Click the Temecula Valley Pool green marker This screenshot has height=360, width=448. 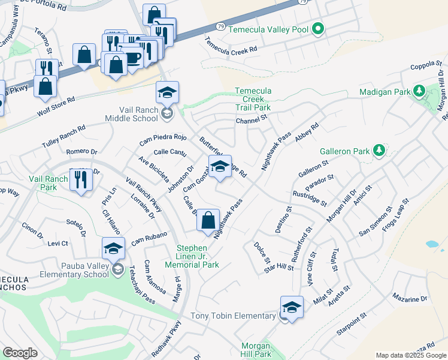[x=319, y=28]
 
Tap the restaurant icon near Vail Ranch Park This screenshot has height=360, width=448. [x=80, y=179]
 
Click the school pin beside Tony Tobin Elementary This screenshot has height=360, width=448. [x=292, y=308]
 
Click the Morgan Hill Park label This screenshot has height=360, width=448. [x=257, y=350]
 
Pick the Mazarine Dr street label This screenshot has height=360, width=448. [x=410, y=298]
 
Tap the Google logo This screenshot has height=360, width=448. [x=20, y=353]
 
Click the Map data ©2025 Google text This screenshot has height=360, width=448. [x=410, y=355]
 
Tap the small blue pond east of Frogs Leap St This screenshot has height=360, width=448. [x=431, y=245]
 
